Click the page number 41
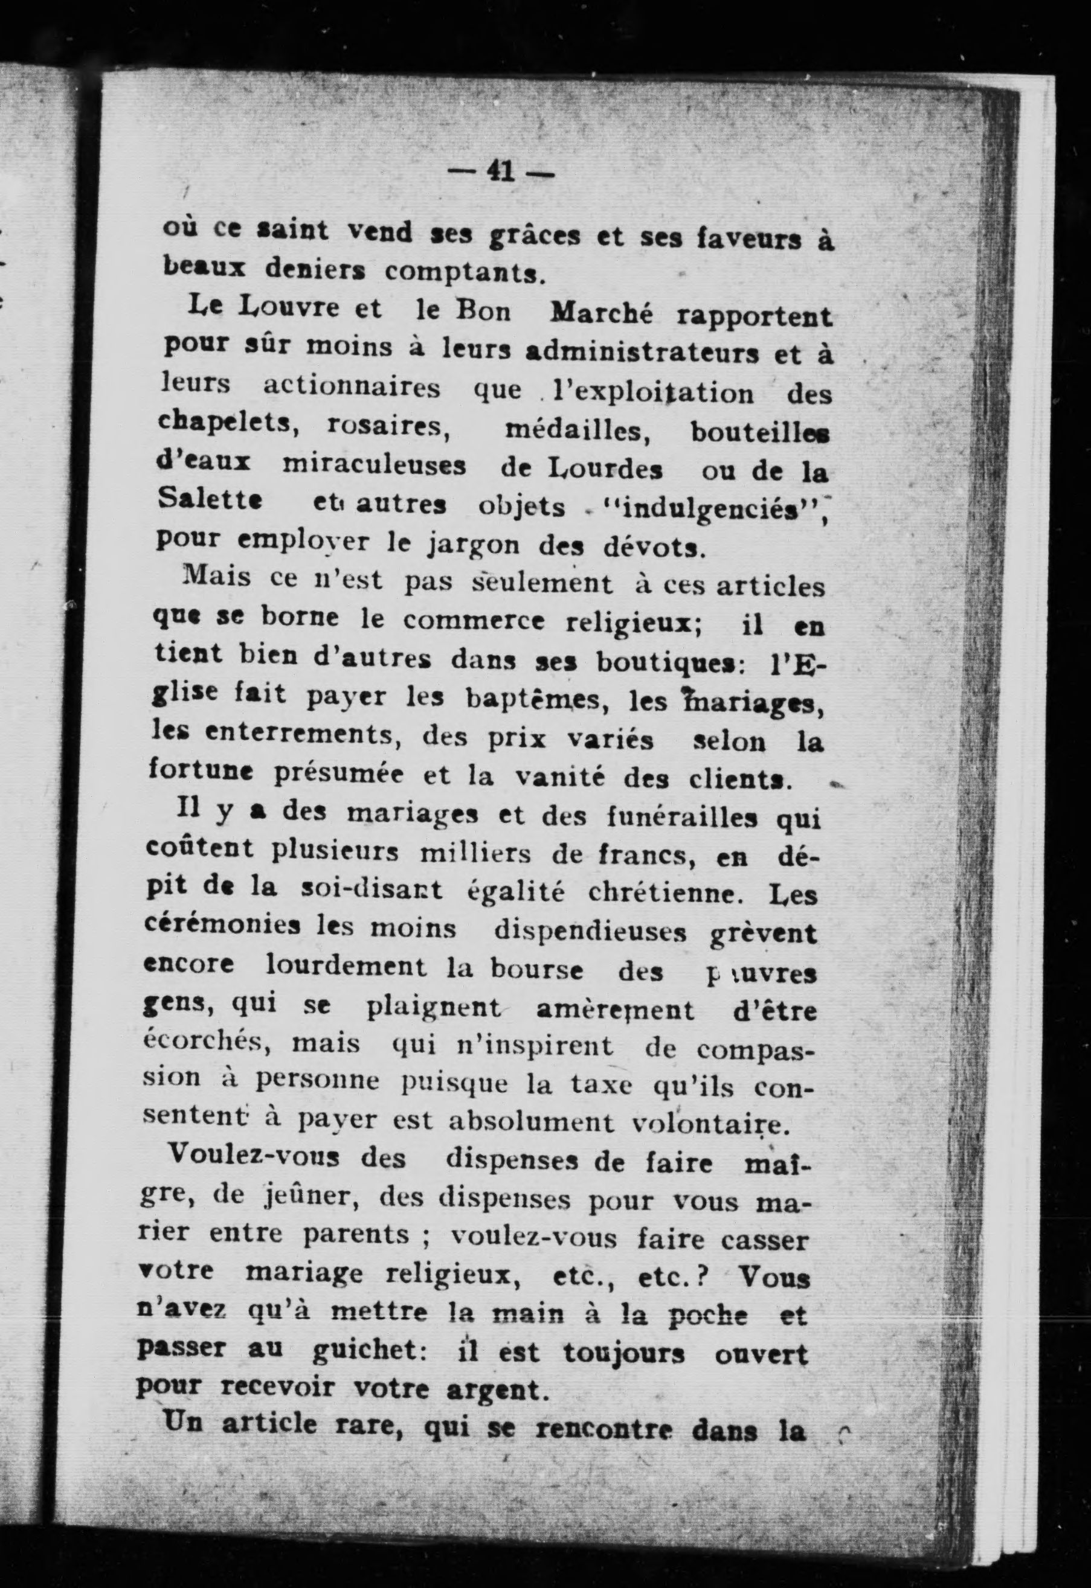click(x=501, y=171)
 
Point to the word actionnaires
click(x=352, y=388)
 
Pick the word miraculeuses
click(x=374, y=466)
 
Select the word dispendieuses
click(x=589, y=930)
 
